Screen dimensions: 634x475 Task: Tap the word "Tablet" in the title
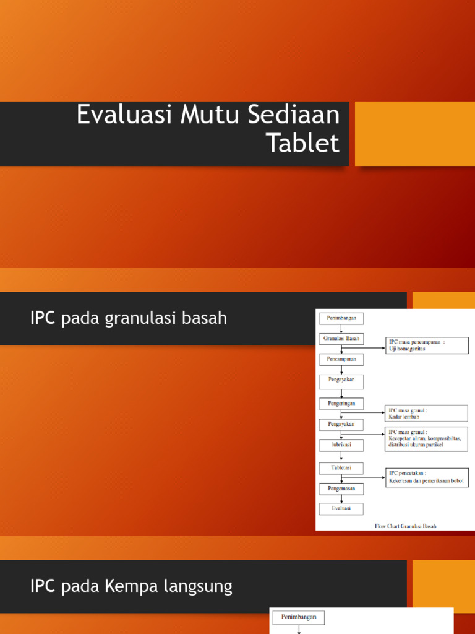tap(303, 144)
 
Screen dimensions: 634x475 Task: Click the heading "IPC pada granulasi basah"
tap(129, 318)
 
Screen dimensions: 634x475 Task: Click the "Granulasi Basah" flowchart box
tap(341, 339)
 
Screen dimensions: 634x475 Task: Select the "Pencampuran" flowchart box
tap(341, 359)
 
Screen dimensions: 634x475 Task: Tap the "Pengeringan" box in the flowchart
tap(341, 403)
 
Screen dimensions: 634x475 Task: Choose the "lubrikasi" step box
tap(341, 445)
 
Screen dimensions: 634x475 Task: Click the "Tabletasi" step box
tap(341, 467)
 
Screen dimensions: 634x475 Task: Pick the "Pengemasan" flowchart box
tap(341, 489)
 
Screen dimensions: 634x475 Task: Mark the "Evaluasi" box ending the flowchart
tap(341, 508)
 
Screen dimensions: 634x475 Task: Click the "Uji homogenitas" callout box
tap(427, 345)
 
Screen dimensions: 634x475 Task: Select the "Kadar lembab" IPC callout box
tap(427, 414)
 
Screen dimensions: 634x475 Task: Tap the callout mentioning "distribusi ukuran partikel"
tap(427, 438)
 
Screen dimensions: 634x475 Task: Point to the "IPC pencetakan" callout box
tap(427, 477)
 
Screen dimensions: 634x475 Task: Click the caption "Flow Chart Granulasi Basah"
tap(405, 526)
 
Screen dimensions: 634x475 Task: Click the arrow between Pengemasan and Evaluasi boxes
tap(341, 498)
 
